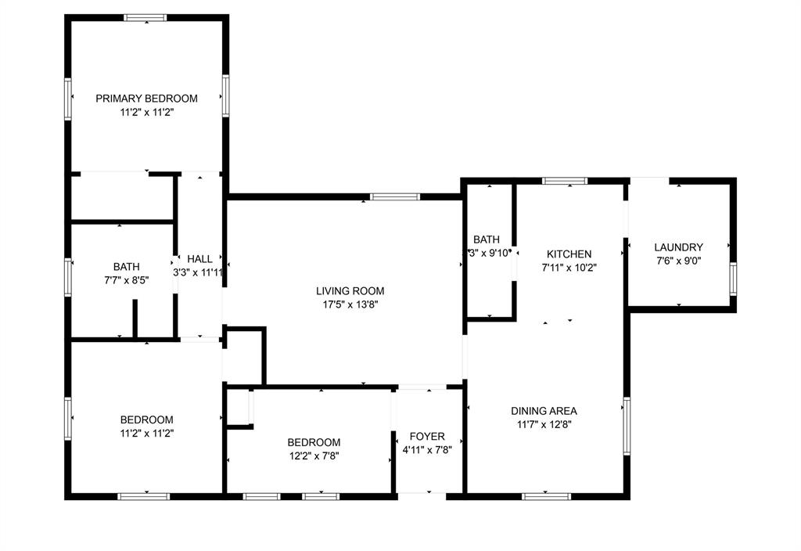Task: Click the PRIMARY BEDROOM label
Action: (146, 99)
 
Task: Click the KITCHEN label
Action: (569, 254)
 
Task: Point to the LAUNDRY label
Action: (678, 247)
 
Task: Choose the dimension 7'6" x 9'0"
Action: (678, 261)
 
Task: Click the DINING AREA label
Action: (544, 411)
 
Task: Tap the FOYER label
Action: (427, 436)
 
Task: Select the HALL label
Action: (199, 259)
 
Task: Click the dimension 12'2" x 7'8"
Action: (313, 456)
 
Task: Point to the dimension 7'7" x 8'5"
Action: (126, 279)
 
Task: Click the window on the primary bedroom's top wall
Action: (145, 17)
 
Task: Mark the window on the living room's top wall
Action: (395, 196)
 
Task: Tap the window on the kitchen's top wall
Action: (566, 181)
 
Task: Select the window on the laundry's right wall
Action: (733, 279)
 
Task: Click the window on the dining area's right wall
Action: (626, 426)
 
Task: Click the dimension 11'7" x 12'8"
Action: (544, 425)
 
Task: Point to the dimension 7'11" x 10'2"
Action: (569, 268)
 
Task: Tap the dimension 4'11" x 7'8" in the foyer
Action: (427, 450)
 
